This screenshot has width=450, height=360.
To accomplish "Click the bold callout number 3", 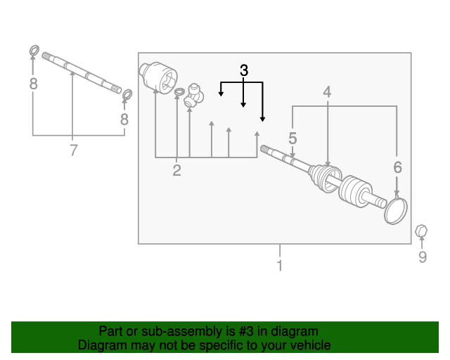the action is click(244, 70).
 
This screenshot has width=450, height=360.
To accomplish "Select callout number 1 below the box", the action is click(280, 265).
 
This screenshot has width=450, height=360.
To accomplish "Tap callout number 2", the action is click(176, 170).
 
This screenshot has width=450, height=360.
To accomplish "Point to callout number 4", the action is click(327, 92).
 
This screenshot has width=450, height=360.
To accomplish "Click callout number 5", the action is click(292, 139).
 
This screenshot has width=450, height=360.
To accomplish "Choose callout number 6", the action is click(397, 167).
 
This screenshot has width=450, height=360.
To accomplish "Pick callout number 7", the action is click(74, 150).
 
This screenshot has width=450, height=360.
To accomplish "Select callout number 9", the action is click(423, 257).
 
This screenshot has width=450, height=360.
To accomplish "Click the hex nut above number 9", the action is click(421, 231).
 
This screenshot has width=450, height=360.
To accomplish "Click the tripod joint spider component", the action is click(194, 96).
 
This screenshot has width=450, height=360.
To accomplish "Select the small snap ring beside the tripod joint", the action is click(179, 91).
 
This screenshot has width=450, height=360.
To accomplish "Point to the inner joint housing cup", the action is click(158, 77).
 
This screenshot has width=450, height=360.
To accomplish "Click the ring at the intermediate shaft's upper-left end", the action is click(34, 51).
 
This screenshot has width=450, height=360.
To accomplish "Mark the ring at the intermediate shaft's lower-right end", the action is click(127, 94).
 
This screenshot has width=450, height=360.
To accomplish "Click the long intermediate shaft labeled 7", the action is click(82, 73).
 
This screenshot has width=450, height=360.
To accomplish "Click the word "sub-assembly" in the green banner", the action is click(183, 331).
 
